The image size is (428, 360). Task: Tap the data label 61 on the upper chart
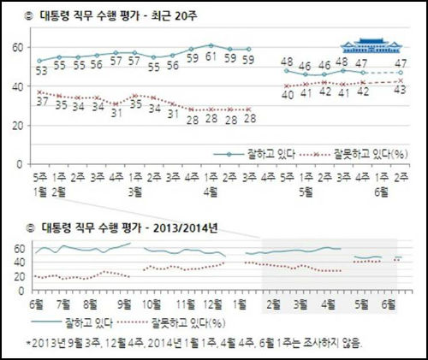point(211,59)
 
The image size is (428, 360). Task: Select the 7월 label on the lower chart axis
point(63,304)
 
